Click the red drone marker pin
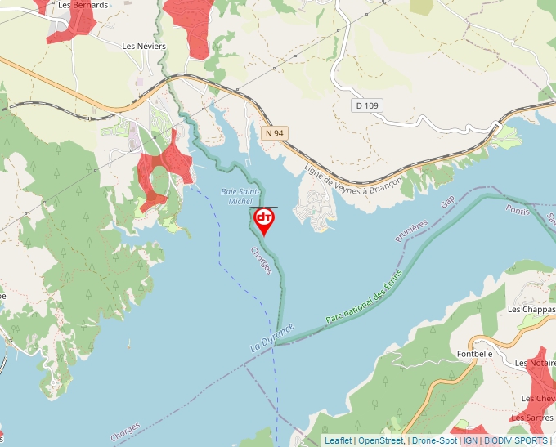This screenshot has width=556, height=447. pyautogui.click(x=264, y=220)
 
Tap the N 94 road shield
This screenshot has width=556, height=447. pyautogui.click(x=275, y=132)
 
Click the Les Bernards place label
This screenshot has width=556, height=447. pyautogui.click(x=83, y=5)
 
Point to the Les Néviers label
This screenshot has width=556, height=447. pyautogui.click(x=144, y=47)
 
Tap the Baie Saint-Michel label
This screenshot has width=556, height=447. pyautogui.click(x=238, y=196)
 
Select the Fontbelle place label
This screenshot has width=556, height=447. pyautogui.click(x=475, y=354)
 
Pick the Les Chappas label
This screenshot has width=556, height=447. pyautogui.click(x=531, y=310)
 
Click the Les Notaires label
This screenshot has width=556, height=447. pyautogui.click(x=535, y=362)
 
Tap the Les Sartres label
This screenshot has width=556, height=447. pyautogui.click(x=531, y=418)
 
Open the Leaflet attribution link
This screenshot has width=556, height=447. pyautogui.click(x=338, y=440)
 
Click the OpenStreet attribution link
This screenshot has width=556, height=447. pyautogui.click(x=381, y=440)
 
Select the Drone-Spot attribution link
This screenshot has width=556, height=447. pyautogui.click(x=434, y=440)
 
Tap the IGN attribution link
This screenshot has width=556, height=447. pyautogui.click(x=470, y=440)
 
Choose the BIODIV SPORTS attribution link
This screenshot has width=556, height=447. pyautogui.click(x=516, y=440)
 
